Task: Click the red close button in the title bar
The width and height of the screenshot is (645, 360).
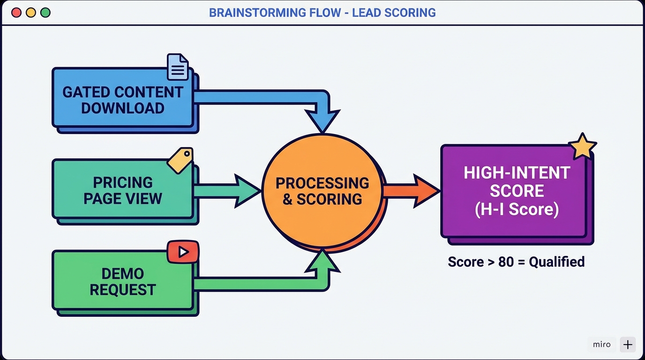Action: coord(16,13)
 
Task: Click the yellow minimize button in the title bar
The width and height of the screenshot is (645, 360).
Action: coord(31,13)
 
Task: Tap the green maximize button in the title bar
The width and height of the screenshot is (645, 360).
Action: coord(45,13)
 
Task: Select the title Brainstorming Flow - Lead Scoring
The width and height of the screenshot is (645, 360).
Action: coord(322,13)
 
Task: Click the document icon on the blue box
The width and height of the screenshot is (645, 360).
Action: coord(178,67)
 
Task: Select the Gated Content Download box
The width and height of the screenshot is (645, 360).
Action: coord(123,99)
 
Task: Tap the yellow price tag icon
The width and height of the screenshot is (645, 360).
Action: coord(180,160)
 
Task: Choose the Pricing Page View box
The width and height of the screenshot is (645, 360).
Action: coord(123,190)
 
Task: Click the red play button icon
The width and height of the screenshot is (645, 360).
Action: coord(183,252)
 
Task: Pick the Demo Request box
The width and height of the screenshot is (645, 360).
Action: coord(123,281)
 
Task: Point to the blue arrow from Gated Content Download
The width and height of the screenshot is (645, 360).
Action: coord(262,97)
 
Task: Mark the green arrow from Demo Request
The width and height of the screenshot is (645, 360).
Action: coord(262,283)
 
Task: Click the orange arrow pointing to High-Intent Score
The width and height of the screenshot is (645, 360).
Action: coord(411,191)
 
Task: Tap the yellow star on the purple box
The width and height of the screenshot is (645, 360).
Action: coord(582,147)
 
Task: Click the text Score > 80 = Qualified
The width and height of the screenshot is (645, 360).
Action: coord(516,262)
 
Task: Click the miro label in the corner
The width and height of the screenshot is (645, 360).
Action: coord(601,345)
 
